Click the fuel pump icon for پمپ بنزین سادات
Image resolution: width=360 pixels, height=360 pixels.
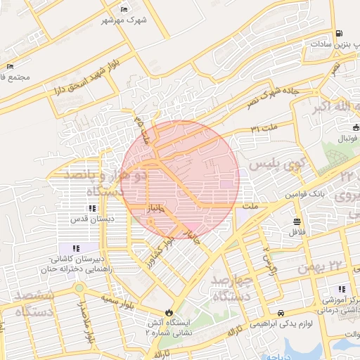[x=340, y=33]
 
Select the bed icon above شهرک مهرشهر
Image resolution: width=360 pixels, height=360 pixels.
[x=124, y=9]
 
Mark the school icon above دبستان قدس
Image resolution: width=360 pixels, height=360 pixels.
[x=92, y=208]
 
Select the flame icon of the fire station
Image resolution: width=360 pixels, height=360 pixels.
[x=169, y=312]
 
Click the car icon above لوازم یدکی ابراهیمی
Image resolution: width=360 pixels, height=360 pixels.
[x=281, y=312]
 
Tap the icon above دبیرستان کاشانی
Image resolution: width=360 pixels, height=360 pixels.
[x=75, y=248]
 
